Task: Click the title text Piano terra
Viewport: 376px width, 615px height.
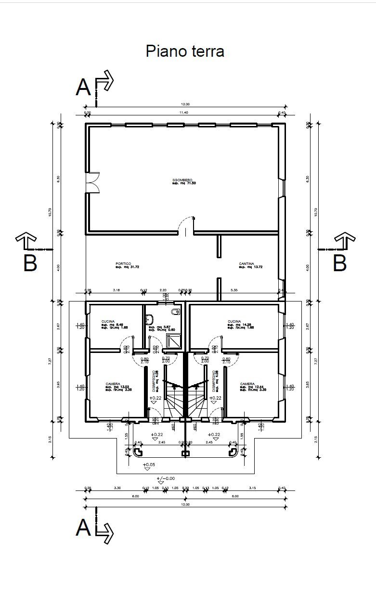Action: [x=185, y=51]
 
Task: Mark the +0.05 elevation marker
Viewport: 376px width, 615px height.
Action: [x=148, y=465]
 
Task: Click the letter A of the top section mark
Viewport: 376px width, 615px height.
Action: [x=83, y=88]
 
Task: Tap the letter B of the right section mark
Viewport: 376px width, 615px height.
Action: [x=340, y=263]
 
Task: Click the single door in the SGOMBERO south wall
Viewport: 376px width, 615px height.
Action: [x=185, y=226]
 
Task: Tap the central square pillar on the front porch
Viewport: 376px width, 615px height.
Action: [x=185, y=453]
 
